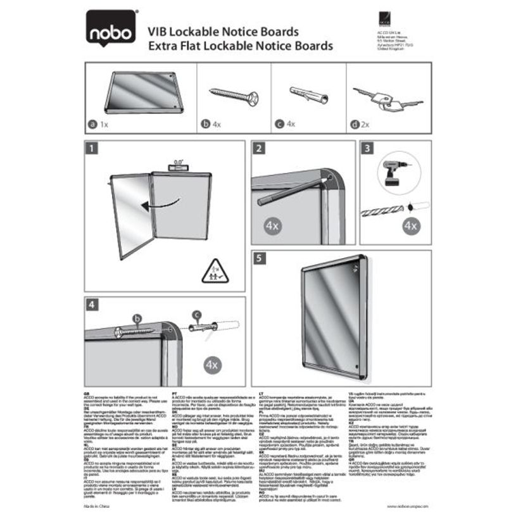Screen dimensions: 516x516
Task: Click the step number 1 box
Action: [92, 149]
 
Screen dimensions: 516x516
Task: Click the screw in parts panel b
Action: [234, 97]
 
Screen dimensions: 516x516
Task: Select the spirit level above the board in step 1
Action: [176, 165]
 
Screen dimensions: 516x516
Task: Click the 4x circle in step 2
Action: [271, 224]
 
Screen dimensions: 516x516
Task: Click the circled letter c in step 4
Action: [198, 315]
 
